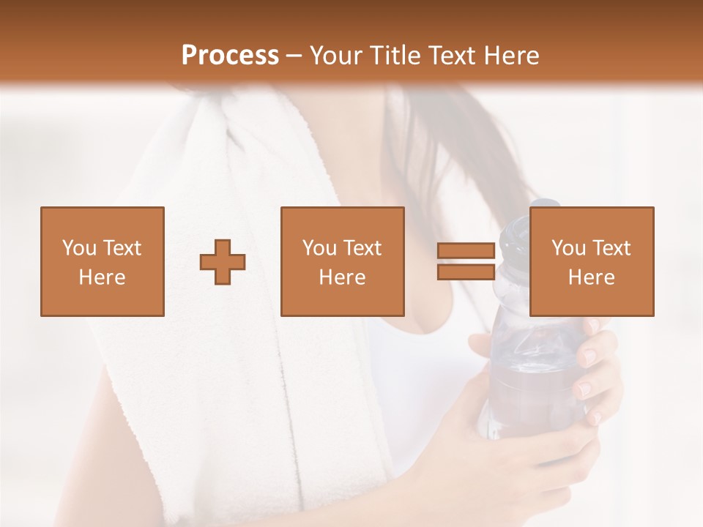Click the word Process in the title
[x=230, y=56]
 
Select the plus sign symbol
[x=223, y=261]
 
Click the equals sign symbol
[x=466, y=261]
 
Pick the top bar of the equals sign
[x=466, y=251]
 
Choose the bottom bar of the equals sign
[x=466, y=272]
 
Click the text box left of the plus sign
[x=103, y=261]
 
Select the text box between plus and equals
[x=343, y=261]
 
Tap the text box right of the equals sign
[x=592, y=261]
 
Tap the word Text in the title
[x=451, y=56]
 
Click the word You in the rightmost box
[x=568, y=248]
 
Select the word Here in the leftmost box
[x=103, y=277]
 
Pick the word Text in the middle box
[x=363, y=248]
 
